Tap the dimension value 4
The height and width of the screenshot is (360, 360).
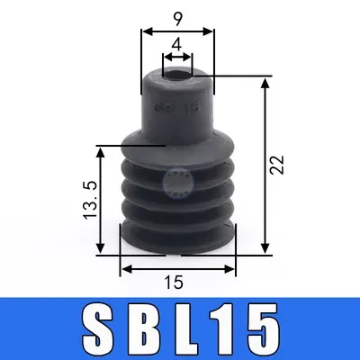(177, 44)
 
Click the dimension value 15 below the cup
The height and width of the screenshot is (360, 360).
(175, 283)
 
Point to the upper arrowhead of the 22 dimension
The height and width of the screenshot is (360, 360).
(265, 83)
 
